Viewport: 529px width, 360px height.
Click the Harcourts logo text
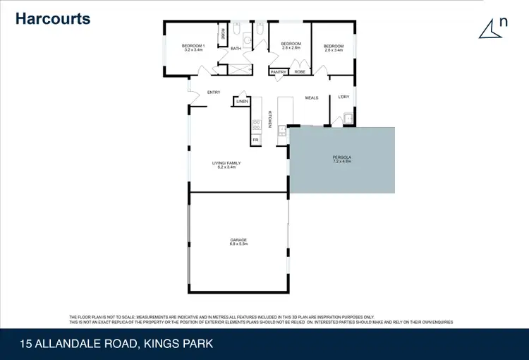53,18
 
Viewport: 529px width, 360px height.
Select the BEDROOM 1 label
193,45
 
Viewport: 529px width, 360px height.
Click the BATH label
236,49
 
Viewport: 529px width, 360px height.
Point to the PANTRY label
278,72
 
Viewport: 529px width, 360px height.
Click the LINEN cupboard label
242,102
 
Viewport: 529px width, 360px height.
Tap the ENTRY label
214,92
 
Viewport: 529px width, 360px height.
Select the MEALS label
311,98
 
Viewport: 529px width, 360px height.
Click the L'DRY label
343,97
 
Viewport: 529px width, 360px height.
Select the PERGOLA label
342,157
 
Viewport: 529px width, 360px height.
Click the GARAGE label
238,240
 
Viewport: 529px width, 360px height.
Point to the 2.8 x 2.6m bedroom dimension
291,49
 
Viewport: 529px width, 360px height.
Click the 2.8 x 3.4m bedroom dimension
334,50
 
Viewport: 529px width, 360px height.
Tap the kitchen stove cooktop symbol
255,125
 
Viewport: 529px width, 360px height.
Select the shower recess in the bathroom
240,69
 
